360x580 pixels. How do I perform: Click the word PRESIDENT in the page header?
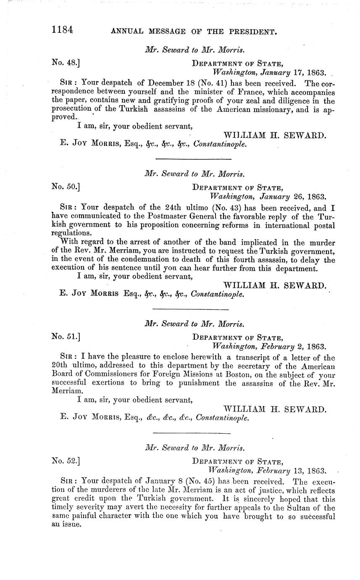coord(251,31)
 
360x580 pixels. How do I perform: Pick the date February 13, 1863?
coord(291,470)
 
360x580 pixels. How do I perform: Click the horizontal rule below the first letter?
coord(193,159)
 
